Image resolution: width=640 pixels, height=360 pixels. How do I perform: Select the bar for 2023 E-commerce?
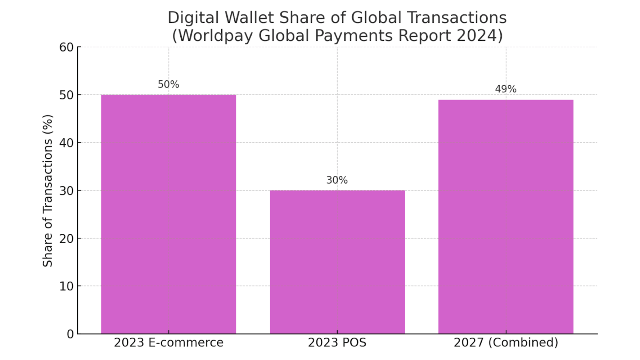168,214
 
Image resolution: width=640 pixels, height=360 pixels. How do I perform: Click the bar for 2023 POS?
337,262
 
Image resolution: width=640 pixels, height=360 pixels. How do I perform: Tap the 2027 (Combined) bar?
506,216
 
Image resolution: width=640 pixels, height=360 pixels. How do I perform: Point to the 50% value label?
168,84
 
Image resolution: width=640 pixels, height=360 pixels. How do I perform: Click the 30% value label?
337,180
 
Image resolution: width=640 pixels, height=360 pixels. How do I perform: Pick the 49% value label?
506,89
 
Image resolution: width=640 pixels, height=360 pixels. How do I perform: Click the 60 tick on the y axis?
66,47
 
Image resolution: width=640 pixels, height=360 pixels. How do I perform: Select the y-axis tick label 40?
66,143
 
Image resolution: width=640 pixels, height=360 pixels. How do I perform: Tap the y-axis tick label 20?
66,238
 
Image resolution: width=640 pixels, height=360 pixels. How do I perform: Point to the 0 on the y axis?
70,334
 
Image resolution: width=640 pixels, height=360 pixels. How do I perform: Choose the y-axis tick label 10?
66,286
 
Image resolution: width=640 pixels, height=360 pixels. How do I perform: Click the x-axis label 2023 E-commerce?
168,343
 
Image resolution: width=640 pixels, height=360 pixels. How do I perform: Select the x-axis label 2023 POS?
337,343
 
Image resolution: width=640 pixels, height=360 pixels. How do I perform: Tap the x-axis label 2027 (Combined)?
506,343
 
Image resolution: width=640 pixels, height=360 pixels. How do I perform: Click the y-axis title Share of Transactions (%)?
48,190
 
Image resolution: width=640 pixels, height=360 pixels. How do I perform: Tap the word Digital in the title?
193,18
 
